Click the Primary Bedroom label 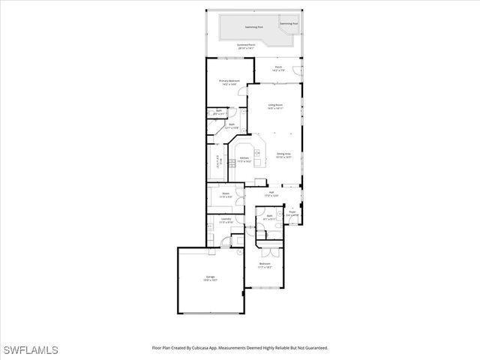pos(228,82)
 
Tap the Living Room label pos(275,106)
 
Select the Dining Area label pos(283,154)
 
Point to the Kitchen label pos(244,159)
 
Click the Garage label pos(211,278)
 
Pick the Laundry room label pos(226,220)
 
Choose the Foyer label pos(292,214)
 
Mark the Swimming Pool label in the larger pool pos(254,27)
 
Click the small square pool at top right pos(289,23)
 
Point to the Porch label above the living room pos(278,68)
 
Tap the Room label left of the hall pos(226,195)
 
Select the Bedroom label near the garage pos(265,265)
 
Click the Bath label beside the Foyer pos(269,217)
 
